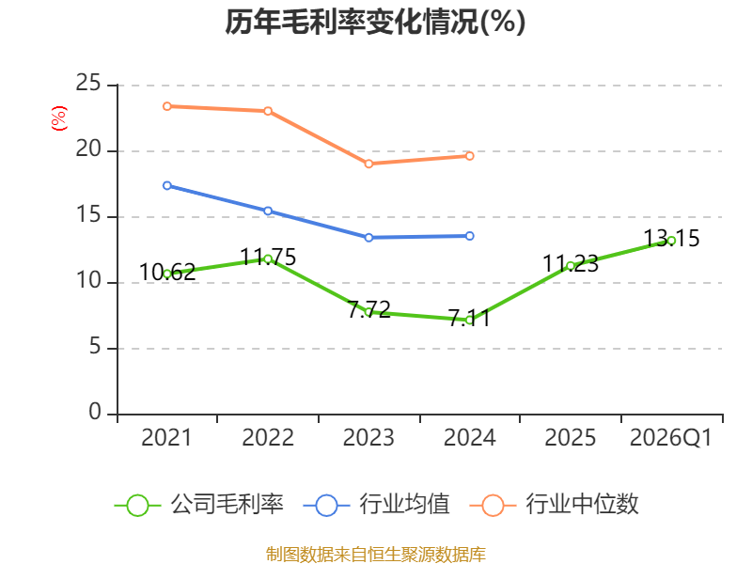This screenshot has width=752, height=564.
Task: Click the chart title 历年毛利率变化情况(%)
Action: (x=375, y=22)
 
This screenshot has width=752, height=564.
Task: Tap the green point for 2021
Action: (x=167, y=274)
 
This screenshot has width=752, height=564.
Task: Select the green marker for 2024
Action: (x=469, y=321)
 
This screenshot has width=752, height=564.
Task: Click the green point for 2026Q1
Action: (x=671, y=241)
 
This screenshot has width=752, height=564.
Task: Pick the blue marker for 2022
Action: (x=268, y=211)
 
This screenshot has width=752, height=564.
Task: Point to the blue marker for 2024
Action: (x=469, y=236)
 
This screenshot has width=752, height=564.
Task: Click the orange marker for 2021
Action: (x=167, y=106)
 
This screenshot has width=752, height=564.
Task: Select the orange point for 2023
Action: (x=368, y=164)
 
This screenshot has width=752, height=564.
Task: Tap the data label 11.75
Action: (x=268, y=257)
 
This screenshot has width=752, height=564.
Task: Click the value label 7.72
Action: (x=368, y=309)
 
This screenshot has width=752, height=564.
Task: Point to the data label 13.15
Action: (x=671, y=239)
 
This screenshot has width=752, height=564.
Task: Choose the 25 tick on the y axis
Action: (x=88, y=84)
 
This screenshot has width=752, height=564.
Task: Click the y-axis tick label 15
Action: (x=88, y=215)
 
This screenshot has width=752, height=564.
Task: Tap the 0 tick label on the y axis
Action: (x=95, y=412)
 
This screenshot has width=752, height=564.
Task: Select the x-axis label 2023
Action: (x=368, y=438)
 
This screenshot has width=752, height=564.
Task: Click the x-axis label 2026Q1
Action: (x=671, y=438)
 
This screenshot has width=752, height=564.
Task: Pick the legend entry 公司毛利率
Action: (x=199, y=505)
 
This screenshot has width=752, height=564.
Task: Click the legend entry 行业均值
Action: (x=377, y=505)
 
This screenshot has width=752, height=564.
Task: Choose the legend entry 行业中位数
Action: (x=554, y=505)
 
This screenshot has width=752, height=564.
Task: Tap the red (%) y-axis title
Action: (x=59, y=118)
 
